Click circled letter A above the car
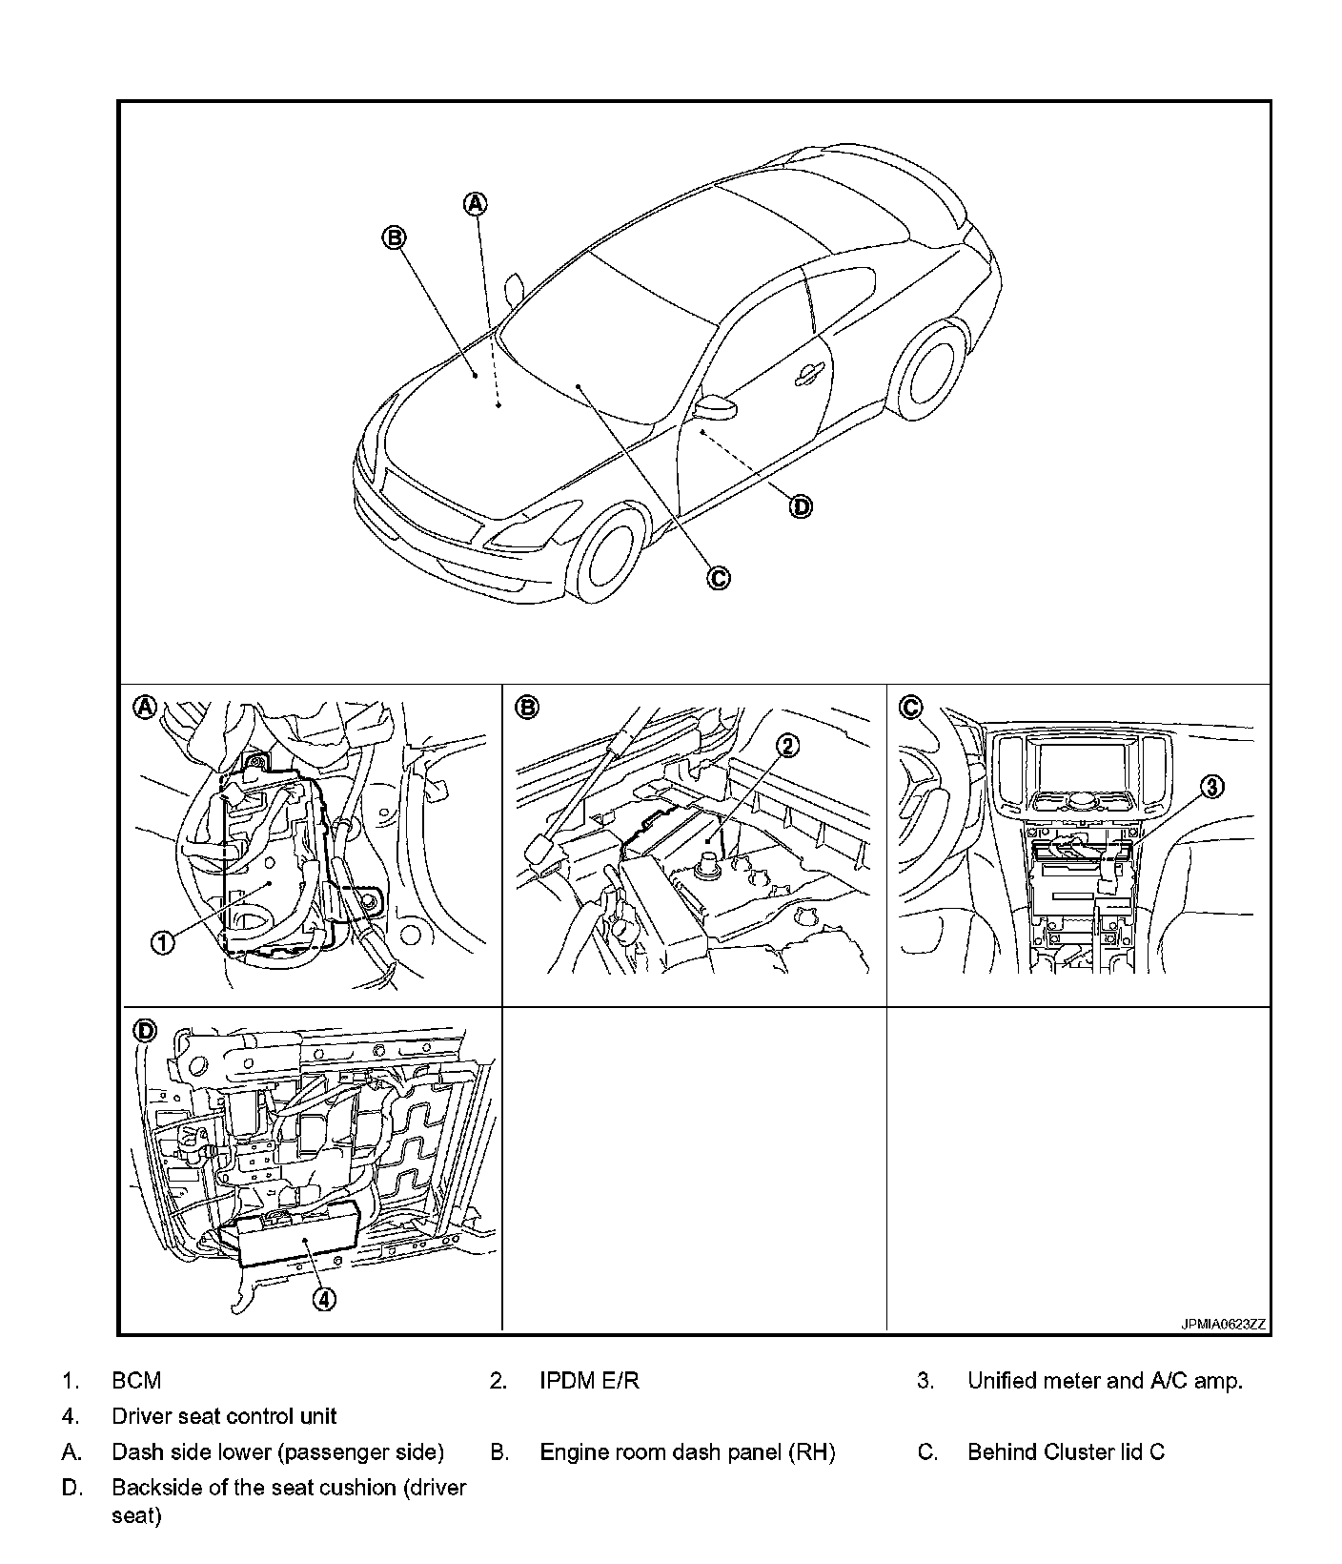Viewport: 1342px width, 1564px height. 476,203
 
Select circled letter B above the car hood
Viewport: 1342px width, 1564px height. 395,237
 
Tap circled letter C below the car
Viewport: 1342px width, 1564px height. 718,577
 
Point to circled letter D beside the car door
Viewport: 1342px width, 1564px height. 802,506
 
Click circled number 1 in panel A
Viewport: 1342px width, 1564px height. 163,942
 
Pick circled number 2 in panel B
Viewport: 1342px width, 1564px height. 789,746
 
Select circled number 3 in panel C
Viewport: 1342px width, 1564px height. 1210,787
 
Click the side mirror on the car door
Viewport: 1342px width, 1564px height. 716,407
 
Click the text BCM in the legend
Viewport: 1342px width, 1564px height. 136,1380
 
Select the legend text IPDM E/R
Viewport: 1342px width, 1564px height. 589,1380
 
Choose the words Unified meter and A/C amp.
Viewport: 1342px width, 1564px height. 1105,1380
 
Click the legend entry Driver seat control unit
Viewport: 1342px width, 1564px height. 224,1416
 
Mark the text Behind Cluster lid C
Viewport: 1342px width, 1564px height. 1066,1451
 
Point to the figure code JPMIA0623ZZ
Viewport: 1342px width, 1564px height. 1224,1324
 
